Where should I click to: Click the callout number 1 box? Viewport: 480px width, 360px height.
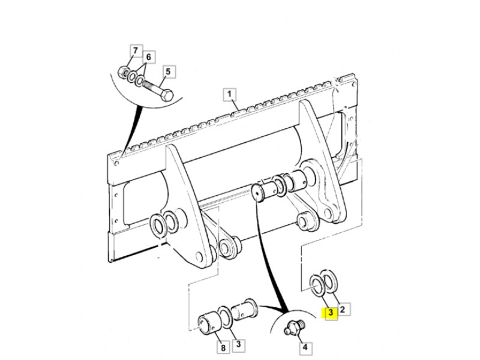(x=230, y=94)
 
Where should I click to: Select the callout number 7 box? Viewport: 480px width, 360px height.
(x=136, y=50)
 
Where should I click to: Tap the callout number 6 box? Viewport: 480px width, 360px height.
(x=148, y=57)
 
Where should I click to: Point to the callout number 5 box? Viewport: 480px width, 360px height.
(x=168, y=72)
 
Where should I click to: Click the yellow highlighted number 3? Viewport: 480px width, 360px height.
(x=331, y=313)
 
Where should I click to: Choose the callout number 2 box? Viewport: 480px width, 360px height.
(x=343, y=309)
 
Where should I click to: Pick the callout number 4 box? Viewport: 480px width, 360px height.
(x=305, y=347)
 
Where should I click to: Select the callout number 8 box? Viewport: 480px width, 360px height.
(x=223, y=347)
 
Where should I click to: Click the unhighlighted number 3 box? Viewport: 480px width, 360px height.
(x=238, y=344)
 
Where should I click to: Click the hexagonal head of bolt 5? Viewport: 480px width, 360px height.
(x=167, y=95)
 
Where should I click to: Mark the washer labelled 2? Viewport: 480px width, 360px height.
(x=329, y=281)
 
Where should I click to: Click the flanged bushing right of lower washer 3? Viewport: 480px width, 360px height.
(x=245, y=311)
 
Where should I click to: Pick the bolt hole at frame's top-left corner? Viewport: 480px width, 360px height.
(x=116, y=163)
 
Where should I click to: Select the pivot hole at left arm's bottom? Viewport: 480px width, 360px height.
(x=199, y=256)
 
